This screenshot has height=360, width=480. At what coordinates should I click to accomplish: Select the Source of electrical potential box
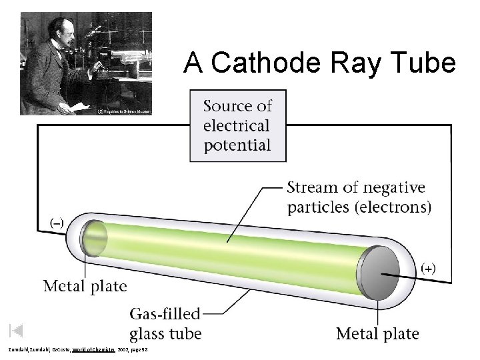click(x=237, y=125)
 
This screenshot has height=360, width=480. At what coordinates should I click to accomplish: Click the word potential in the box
click(x=237, y=145)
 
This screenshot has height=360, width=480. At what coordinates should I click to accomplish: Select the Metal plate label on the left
click(x=85, y=287)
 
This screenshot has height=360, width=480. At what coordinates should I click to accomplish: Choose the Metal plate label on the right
click(x=377, y=333)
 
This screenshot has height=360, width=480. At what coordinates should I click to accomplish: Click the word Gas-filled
click(x=165, y=314)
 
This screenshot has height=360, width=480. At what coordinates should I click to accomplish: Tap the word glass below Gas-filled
click(x=151, y=333)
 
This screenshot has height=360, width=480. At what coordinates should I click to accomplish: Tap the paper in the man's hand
click(x=79, y=105)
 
